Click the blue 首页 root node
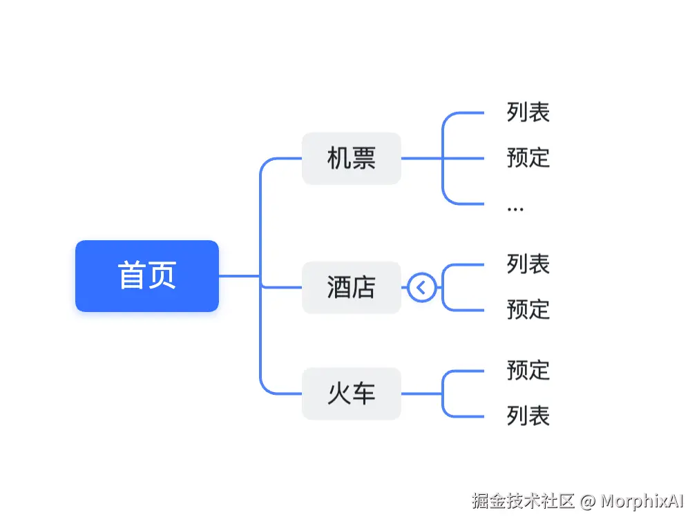coord(146,275)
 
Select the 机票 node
coord(351,158)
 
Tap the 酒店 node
coord(351,287)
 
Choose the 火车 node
coord(351,393)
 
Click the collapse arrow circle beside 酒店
coord(421,287)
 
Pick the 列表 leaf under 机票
coord(528,112)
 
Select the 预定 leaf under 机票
coord(528,157)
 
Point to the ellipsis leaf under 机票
coord(515,206)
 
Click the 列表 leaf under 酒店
coord(528,264)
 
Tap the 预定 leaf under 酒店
coord(528,309)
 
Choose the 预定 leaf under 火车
coord(528,370)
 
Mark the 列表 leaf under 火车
coord(528,416)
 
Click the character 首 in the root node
coord(131,275)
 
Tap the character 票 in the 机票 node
coord(363,158)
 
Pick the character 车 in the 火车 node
coord(363,393)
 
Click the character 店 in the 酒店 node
coord(363,287)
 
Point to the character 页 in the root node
coord(162,275)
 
